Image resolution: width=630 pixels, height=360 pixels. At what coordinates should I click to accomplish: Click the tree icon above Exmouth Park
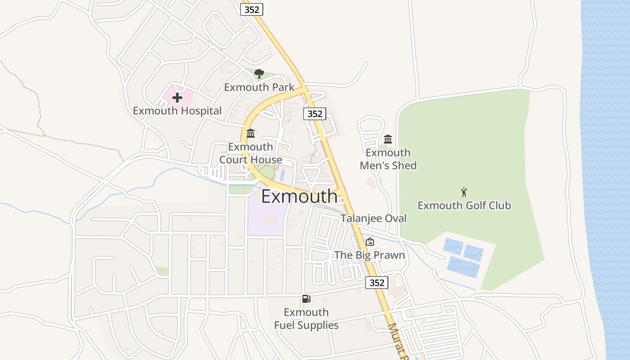coord(259,73)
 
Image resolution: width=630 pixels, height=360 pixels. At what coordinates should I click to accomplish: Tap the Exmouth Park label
coord(259,87)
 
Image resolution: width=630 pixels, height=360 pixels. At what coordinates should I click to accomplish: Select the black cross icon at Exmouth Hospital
coord(177,97)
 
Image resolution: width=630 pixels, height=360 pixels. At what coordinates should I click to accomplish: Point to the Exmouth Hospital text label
coord(177,111)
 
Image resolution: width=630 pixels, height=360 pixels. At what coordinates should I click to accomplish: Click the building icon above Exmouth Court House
coord(251,133)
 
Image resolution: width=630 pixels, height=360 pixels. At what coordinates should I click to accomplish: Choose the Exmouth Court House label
coord(251,153)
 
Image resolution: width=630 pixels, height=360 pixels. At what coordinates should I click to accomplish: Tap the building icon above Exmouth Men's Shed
coord(388,139)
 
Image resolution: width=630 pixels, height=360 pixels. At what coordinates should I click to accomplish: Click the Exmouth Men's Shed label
coord(388,159)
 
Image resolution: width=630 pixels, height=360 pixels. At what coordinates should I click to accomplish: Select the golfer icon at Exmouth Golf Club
coord(464,192)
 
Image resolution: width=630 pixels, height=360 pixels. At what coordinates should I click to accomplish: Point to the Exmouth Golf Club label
coord(464,206)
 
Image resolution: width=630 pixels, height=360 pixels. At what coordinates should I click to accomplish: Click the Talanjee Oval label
coord(373,218)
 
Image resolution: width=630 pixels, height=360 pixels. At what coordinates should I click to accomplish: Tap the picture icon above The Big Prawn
coord(369,242)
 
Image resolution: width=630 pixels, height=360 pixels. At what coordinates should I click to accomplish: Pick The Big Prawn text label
coord(369,255)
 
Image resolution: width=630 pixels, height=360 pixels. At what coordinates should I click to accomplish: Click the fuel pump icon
coord(306,299)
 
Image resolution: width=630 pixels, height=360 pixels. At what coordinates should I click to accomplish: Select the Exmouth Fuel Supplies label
coord(306,319)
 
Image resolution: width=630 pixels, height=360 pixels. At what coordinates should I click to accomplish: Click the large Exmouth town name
coord(299,197)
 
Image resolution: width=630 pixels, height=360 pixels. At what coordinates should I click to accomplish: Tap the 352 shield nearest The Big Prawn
coord(376,283)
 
